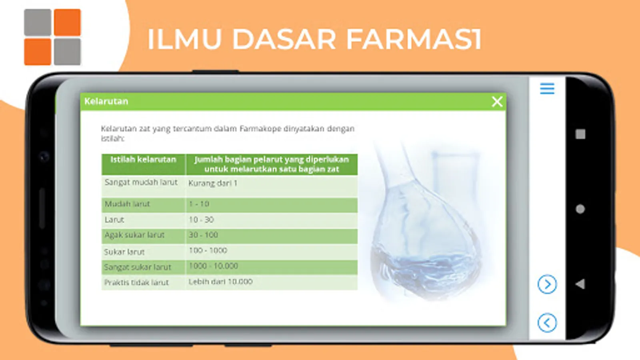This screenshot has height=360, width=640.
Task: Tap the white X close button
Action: click(497, 102)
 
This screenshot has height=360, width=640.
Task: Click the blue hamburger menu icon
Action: click(547, 88)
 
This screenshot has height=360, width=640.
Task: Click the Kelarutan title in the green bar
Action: click(106, 101)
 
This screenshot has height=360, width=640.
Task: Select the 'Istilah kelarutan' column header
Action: click(144, 160)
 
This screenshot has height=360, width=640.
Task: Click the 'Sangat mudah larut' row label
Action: click(141, 182)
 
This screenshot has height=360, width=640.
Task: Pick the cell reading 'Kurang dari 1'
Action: click(213, 183)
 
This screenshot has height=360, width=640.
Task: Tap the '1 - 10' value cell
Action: click(199, 204)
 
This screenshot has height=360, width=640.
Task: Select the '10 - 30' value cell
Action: click(201, 220)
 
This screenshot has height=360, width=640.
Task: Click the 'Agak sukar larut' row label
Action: click(134, 235)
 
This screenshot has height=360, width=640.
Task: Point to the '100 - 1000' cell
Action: click(208, 250)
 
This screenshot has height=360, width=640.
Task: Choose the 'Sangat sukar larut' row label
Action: click(138, 267)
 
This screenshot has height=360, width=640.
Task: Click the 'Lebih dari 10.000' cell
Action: click(220, 282)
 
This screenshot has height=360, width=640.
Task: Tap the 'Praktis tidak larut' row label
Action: click(136, 282)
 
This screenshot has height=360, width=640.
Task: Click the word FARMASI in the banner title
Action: click(414, 40)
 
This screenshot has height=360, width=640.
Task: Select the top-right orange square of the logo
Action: click(68, 22)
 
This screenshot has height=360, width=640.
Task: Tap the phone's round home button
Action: click(580, 209)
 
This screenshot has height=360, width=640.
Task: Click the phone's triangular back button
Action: click(580, 284)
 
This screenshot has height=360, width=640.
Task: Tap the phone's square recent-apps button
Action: click(580, 134)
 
